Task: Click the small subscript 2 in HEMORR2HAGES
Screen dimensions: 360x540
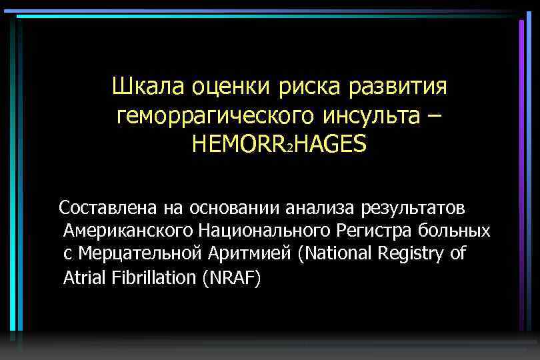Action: (289, 147)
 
